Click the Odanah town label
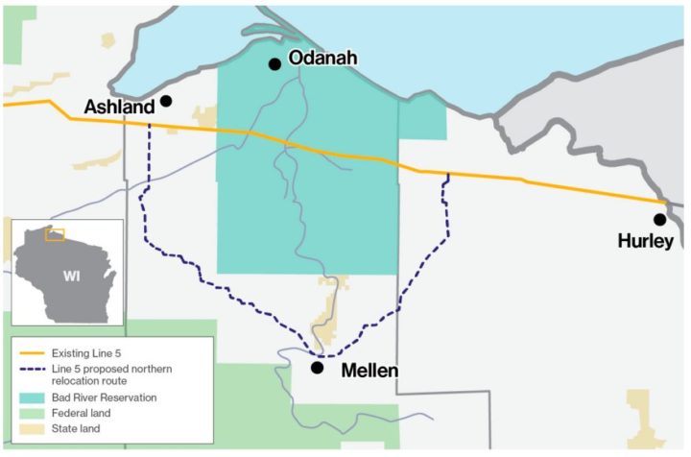322,60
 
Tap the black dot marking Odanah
274,64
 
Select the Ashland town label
119,107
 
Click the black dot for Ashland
166,101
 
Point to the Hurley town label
646,241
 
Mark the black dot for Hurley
659,220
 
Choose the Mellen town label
369,370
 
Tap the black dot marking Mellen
317,367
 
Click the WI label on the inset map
71,277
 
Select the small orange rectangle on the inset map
55,234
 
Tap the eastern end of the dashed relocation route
448,176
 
